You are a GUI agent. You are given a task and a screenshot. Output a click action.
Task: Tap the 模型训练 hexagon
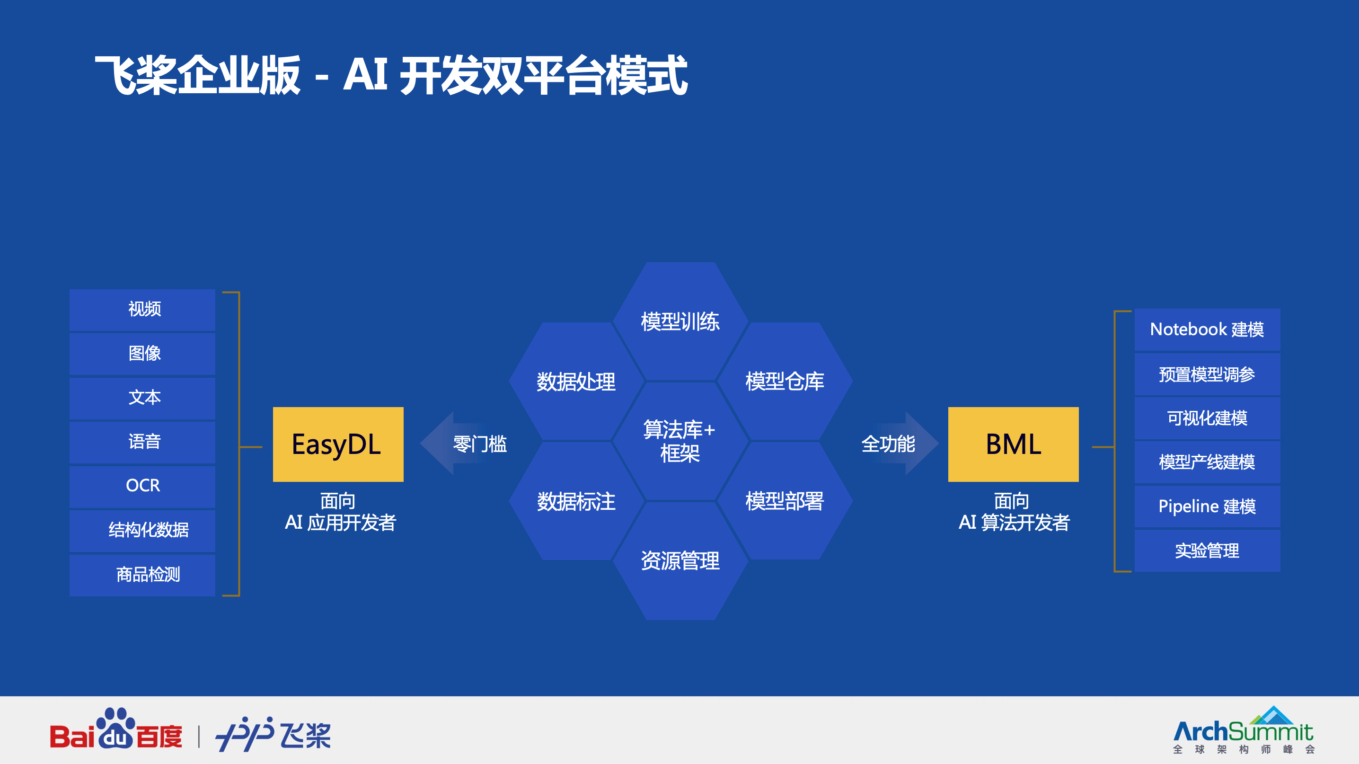(680, 321)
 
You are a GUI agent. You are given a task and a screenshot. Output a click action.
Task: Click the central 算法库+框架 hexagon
(680, 441)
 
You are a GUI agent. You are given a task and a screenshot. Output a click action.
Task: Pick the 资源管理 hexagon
(680, 560)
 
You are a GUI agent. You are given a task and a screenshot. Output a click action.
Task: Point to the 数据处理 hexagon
(576, 382)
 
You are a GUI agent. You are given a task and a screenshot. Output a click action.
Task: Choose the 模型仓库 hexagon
(785, 382)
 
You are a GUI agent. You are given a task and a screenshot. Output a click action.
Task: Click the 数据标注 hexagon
(576, 501)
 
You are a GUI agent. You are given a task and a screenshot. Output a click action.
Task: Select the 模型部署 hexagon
(785, 501)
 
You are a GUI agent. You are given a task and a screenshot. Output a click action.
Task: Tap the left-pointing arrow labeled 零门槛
(464, 444)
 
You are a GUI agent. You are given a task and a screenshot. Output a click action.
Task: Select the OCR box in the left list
(142, 485)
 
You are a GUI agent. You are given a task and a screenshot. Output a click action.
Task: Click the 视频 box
(142, 309)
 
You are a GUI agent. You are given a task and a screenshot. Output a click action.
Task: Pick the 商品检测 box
(142, 575)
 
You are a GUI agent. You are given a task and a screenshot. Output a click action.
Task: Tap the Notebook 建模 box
(1207, 329)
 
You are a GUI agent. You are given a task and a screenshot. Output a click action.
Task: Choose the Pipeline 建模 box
(1207, 506)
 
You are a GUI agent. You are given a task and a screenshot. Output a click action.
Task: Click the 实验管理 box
(1207, 551)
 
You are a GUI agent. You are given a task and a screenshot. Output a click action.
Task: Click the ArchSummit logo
(1243, 731)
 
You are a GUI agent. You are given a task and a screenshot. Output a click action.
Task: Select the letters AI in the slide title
(366, 75)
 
